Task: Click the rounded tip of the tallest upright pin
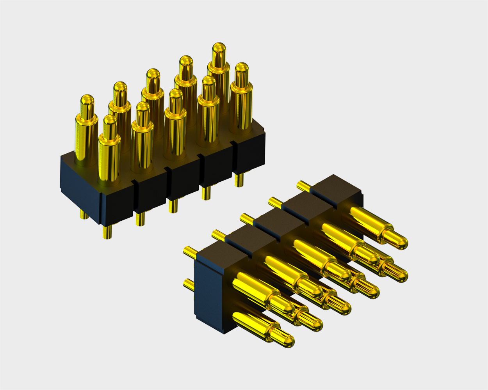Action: tap(219, 48)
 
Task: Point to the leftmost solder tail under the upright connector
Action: tap(84, 214)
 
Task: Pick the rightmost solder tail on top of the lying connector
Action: tap(303, 186)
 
